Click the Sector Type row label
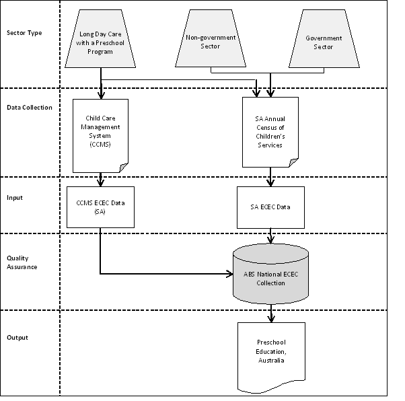[24, 33]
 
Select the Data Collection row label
[29, 107]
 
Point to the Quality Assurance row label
[22, 262]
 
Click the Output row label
[17, 337]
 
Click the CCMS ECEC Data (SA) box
[101, 207]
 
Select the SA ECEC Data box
[270, 207]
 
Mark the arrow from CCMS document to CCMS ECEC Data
[101, 179]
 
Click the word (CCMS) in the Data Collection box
[101, 144]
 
